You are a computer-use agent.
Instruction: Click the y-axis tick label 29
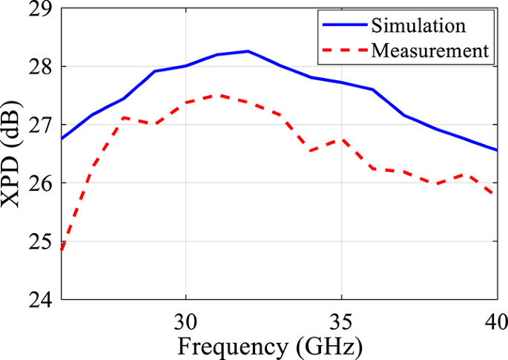pyautogui.click(x=42, y=10)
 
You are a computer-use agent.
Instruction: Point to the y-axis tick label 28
pyautogui.click(x=42, y=67)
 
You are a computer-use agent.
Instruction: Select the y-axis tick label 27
pyautogui.click(x=42, y=125)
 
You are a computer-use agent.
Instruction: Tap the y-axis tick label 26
pyautogui.click(x=42, y=183)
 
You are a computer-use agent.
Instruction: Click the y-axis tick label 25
pyautogui.click(x=42, y=241)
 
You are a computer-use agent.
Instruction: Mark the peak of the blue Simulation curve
pyautogui.click(x=248, y=51)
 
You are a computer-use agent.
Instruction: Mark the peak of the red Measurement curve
pyautogui.click(x=217, y=95)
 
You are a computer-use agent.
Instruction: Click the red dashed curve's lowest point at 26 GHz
pyautogui.click(x=61, y=250)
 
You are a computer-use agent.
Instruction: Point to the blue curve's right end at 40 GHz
pyautogui.click(x=496, y=150)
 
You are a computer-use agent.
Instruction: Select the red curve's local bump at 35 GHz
pyautogui.click(x=341, y=139)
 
